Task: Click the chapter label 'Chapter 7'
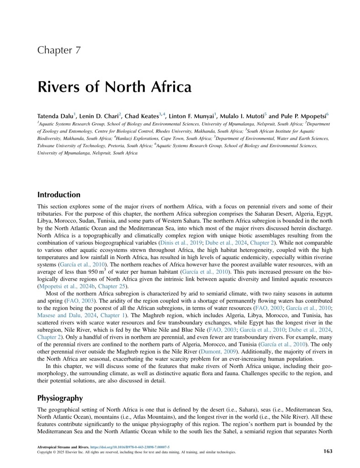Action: coord(59,50)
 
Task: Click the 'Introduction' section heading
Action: coord(58,195)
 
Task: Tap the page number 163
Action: coord(327,451)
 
